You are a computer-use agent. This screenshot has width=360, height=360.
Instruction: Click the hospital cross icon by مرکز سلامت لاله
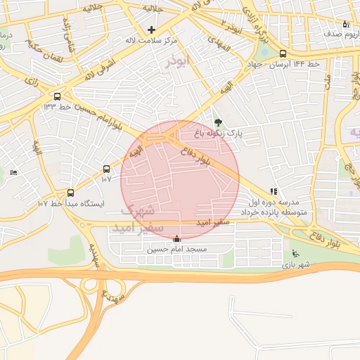pyautogui.click(x=151, y=30)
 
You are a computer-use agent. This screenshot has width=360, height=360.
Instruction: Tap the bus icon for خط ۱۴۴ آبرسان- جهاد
pyautogui.click(x=283, y=53)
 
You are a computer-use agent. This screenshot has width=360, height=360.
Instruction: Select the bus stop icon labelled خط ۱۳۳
pyautogui.click(x=57, y=96)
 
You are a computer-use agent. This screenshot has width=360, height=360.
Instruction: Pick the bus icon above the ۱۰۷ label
pyautogui.click(x=106, y=169)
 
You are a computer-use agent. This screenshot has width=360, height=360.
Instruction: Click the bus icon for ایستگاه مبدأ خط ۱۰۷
pyautogui.click(x=70, y=193)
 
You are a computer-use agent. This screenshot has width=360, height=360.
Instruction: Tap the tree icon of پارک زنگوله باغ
pyautogui.click(x=217, y=122)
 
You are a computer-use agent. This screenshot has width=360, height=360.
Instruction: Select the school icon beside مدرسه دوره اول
pyautogui.click(x=274, y=191)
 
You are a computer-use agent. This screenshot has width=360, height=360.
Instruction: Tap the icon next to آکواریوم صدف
pyautogui.click(x=345, y=24)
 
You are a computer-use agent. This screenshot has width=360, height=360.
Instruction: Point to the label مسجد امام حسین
pyautogui.click(x=176, y=250)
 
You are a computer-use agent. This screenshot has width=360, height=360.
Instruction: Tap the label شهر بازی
pyautogui.click(x=296, y=265)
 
